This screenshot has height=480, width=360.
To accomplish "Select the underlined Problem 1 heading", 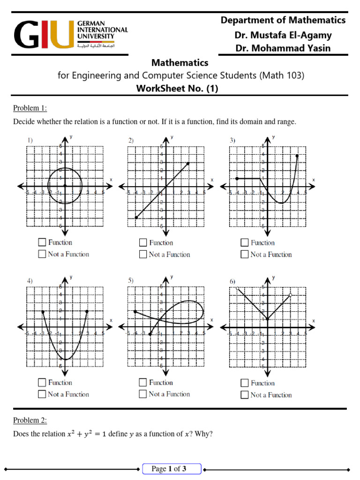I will coord(30,108).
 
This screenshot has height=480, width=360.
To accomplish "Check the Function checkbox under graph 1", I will coord(42,242).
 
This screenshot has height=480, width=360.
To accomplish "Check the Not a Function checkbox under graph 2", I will coord(143,255).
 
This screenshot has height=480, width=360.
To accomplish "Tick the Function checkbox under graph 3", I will coord(244,242).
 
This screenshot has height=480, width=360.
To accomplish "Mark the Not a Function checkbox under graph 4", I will coord(42,394).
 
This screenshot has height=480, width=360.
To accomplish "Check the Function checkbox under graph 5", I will coord(143,382).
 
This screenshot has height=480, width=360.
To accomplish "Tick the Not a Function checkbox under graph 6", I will coord(244,395).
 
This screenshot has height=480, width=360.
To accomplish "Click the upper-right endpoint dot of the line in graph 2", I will coord(188,163).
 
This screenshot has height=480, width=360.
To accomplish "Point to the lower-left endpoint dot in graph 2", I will coord(136,217).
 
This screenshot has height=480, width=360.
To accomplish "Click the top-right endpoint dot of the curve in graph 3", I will coord(297,156).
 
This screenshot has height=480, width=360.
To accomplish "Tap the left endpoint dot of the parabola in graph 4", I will coord(43,311).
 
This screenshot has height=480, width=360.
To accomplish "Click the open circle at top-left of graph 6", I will coord(238,288).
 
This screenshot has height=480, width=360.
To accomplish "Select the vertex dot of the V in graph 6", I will coord(267,319).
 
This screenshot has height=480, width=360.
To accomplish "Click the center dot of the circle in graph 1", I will coord(65,186).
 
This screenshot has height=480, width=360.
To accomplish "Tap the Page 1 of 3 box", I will coord(172,469).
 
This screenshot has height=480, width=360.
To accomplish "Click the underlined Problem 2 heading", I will coord(30,420).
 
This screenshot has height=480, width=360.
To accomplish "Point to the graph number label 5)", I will coord(131,280).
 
